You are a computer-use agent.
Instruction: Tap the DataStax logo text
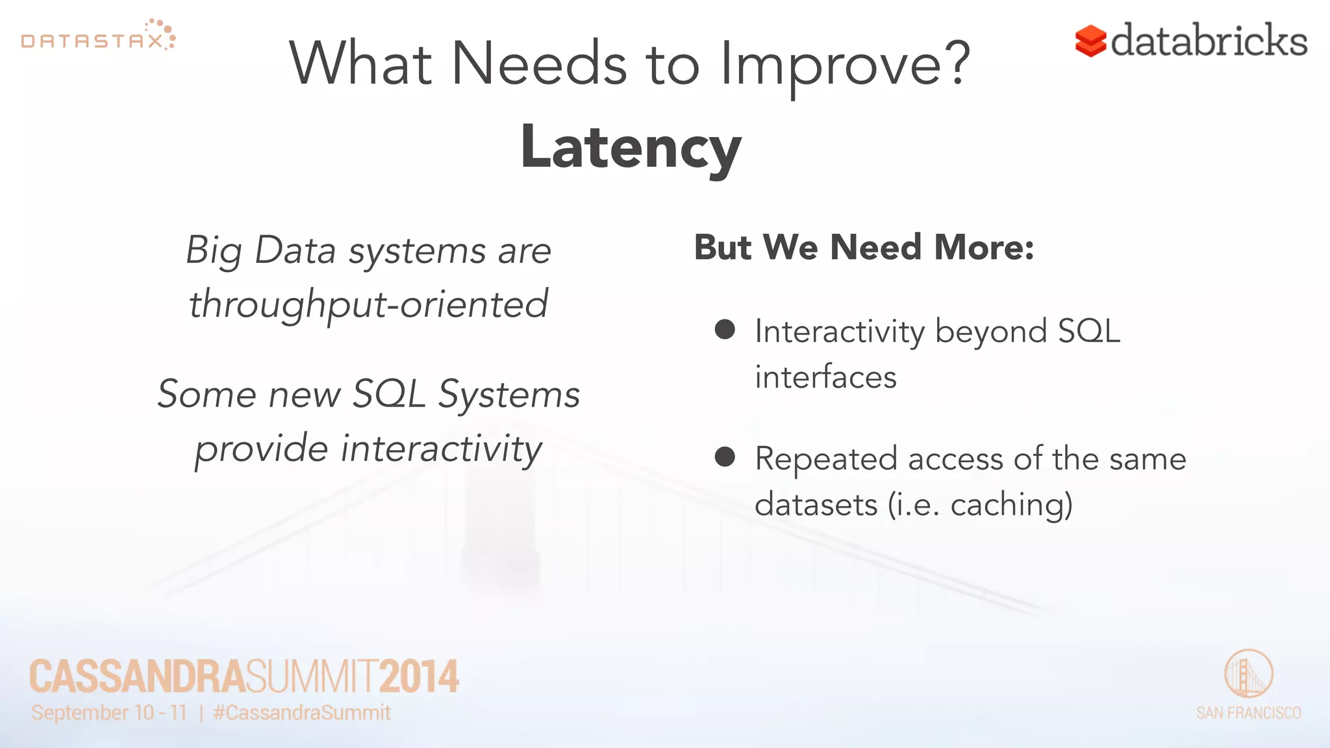[92, 42]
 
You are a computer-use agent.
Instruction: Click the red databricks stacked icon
[1090, 41]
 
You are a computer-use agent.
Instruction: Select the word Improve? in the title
[845, 64]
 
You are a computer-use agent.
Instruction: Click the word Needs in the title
[538, 64]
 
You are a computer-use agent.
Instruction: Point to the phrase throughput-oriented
[368, 304]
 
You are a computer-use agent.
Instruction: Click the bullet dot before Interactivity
[725, 329]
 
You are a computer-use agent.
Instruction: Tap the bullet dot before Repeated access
[725, 456]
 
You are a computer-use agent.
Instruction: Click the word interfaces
[825, 377]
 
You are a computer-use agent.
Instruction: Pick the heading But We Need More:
[864, 247]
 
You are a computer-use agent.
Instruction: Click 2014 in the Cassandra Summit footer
[419, 677]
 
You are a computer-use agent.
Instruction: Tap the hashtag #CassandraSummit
[302, 713]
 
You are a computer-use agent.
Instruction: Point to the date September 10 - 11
[109, 713]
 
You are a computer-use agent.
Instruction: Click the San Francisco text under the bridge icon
[1248, 713]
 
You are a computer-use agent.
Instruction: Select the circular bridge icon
[1248, 674]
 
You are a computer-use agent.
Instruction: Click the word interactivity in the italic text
[442, 448]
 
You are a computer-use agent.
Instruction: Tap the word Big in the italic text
[214, 251]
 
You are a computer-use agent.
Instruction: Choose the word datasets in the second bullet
[816, 505]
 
